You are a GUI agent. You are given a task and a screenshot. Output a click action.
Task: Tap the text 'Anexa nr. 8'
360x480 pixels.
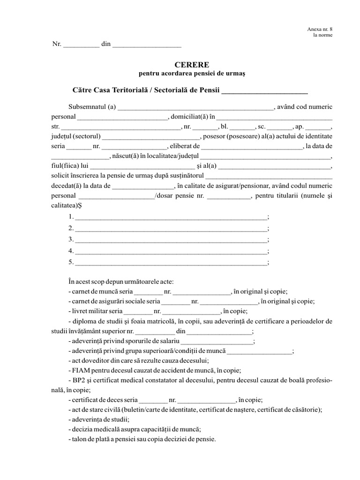tap(320, 30)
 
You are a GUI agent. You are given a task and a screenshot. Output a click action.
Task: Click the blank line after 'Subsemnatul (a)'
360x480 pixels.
tap(195, 107)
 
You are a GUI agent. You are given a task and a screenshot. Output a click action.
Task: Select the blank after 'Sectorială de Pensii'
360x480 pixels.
tap(264, 90)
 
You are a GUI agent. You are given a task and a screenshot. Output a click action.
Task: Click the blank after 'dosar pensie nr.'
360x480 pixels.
tap(229, 196)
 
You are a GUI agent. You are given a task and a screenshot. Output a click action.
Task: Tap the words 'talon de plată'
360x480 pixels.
tap(91, 440)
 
